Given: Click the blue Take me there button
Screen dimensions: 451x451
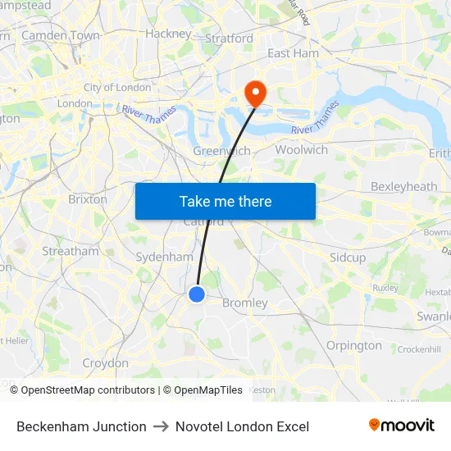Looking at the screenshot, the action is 225,201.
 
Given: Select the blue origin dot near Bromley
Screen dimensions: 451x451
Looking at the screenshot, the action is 197,294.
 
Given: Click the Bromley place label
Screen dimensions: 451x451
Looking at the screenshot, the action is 245,303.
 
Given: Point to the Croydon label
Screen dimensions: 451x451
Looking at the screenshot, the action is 105,362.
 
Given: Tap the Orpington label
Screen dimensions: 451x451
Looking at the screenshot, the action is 354,345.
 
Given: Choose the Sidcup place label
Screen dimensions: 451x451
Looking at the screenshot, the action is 348,257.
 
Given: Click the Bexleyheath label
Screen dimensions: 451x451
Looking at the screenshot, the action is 404,186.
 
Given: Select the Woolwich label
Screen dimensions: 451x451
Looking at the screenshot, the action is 302,149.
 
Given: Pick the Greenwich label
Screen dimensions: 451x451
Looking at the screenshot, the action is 221,151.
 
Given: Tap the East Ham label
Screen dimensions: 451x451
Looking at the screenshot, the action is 293,53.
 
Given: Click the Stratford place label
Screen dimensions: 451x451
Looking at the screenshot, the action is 229,38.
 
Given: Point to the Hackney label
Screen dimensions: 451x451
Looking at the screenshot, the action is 168,34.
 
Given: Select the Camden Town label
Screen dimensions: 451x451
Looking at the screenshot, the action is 61,35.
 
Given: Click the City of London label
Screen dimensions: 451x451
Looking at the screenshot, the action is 117,88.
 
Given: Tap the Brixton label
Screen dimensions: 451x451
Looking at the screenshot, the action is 88,199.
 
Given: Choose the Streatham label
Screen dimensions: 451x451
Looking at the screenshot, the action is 71,251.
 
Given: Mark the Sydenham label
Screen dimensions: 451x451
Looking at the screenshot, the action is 164,257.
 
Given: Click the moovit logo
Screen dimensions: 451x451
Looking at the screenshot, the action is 402,426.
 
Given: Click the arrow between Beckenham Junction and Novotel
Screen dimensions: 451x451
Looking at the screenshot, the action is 161,426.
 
